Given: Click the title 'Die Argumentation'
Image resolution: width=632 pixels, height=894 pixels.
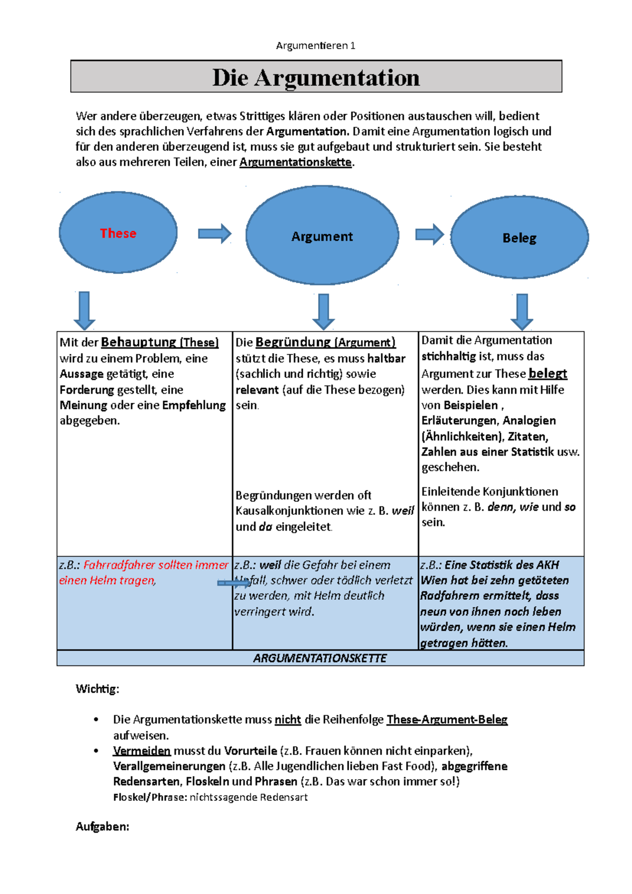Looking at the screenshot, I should coord(316,77).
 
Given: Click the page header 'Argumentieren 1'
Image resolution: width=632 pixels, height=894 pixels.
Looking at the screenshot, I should coord(315,46).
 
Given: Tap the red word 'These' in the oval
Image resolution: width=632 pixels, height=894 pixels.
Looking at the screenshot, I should coord(118,233).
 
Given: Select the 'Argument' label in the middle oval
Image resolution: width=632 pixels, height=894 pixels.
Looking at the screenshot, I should coord(322,236).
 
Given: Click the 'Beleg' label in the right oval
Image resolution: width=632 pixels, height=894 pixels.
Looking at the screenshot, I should coord(519,238).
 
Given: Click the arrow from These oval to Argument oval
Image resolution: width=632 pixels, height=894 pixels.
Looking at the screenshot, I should coord(214,234).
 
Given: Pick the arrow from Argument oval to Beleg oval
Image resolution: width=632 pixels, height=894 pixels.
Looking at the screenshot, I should coord(429,234).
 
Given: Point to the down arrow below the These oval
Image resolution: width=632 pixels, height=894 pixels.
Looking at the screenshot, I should coord(84,311).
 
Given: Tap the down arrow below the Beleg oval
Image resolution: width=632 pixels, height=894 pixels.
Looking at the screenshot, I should coord(522,312).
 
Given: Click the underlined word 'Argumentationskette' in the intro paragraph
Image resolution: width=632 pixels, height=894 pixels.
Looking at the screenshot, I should coord(295,162).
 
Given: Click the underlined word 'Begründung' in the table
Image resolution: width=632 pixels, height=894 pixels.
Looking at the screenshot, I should coord(293,342).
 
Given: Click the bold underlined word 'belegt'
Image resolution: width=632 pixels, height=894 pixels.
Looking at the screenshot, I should coord(548,373).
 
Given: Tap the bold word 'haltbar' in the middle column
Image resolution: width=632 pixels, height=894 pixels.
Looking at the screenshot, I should coord(387,359).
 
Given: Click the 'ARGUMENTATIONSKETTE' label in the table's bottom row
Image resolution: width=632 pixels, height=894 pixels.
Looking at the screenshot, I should coord(320,658).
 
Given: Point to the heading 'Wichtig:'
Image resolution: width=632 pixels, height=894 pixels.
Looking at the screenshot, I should coord(97,689).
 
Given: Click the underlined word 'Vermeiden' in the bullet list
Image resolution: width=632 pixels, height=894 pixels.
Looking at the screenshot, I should coord(142,751).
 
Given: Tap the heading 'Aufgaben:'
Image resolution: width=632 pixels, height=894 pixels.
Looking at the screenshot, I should coord(102,827).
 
